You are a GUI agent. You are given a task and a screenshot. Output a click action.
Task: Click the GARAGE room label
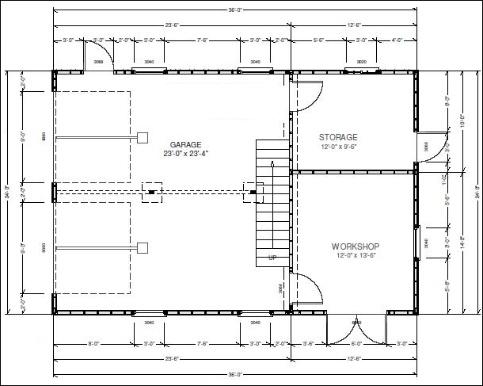click(x=185, y=144)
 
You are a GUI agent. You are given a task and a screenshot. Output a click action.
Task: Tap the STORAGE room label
click(x=338, y=137)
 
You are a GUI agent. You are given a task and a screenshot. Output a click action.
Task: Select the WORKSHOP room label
click(x=356, y=247)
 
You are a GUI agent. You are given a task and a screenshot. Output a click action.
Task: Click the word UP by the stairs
click(x=272, y=258)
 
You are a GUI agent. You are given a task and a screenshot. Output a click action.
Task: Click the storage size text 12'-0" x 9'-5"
click(x=338, y=147)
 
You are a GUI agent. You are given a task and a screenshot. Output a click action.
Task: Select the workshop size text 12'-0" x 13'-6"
click(x=356, y=256)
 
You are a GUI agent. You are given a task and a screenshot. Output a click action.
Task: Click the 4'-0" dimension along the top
click(x=397, y=40)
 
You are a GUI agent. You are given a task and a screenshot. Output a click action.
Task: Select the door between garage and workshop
click(x=306, y=288)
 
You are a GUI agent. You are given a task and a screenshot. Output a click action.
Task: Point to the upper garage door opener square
click(x=143, y=137)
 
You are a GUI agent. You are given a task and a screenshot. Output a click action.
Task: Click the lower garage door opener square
click(x=143, y=247)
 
